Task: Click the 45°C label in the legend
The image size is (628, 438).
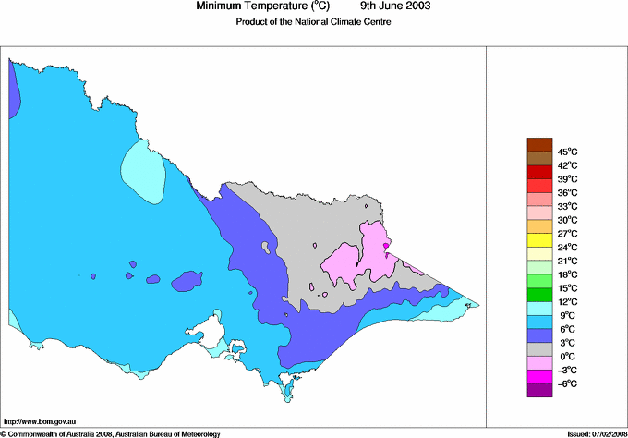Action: [x=567, y=152]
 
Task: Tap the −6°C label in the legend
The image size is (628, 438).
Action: [x=567, y=383]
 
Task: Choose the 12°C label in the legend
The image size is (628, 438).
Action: [x=567, y=302]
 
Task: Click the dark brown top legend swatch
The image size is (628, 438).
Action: [x=538, y=144]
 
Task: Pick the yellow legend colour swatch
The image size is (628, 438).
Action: [x=538, y=240]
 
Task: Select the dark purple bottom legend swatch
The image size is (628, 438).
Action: [x=538, y=390]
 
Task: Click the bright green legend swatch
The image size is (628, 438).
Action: [x=538, y=295]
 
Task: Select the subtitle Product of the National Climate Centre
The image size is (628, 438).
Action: [x=315, y=22]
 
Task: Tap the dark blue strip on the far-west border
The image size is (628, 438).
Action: [x=14, y=92]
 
